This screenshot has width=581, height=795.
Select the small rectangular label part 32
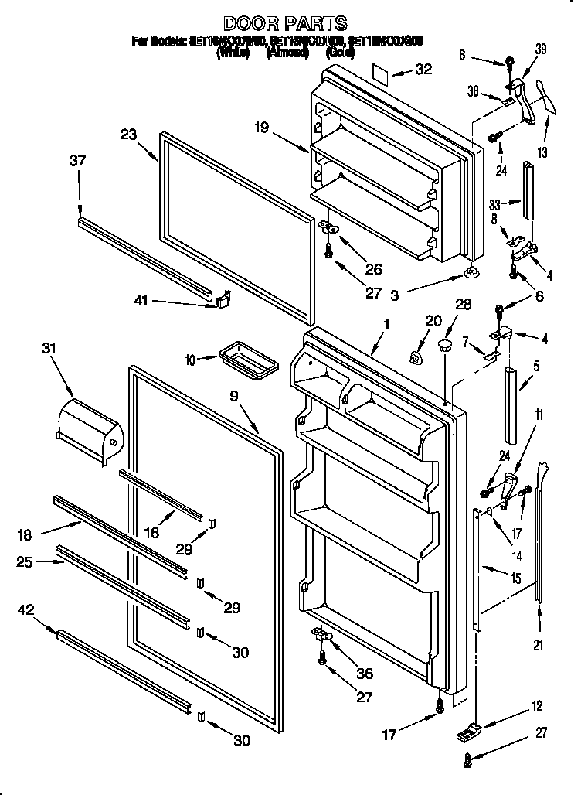(379, 73)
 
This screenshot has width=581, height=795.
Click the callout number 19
(262, 128)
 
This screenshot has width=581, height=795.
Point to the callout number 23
(128, 135)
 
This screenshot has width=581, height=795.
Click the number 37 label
(77, 161)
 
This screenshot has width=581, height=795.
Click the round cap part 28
(445, 343)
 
